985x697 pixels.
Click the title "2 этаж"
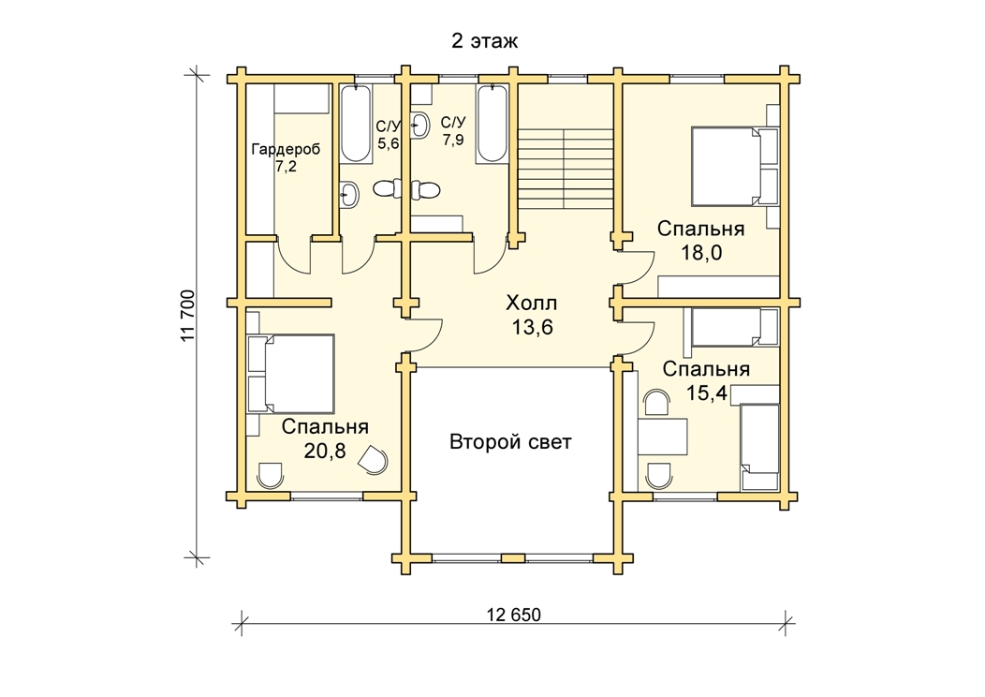tap(484, 41)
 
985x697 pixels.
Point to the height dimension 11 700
tap(188, 316)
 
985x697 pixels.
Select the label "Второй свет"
tap(510, 442)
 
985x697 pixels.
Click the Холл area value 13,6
tap(531, 327)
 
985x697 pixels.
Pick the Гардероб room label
tap(286, 150)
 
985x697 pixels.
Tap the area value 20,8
tap(325, 451)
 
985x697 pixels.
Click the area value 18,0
tap(701, 253)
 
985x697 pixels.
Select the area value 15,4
tap(706, 393)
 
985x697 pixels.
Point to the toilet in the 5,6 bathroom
tap(387, 188)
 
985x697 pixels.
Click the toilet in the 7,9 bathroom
tap(427, 188)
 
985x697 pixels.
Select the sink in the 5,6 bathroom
tap(349, 194)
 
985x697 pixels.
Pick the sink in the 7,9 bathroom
tap(419, 126)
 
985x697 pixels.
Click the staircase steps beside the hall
tap(565, 169)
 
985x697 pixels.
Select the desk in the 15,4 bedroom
tap(663, 437)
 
